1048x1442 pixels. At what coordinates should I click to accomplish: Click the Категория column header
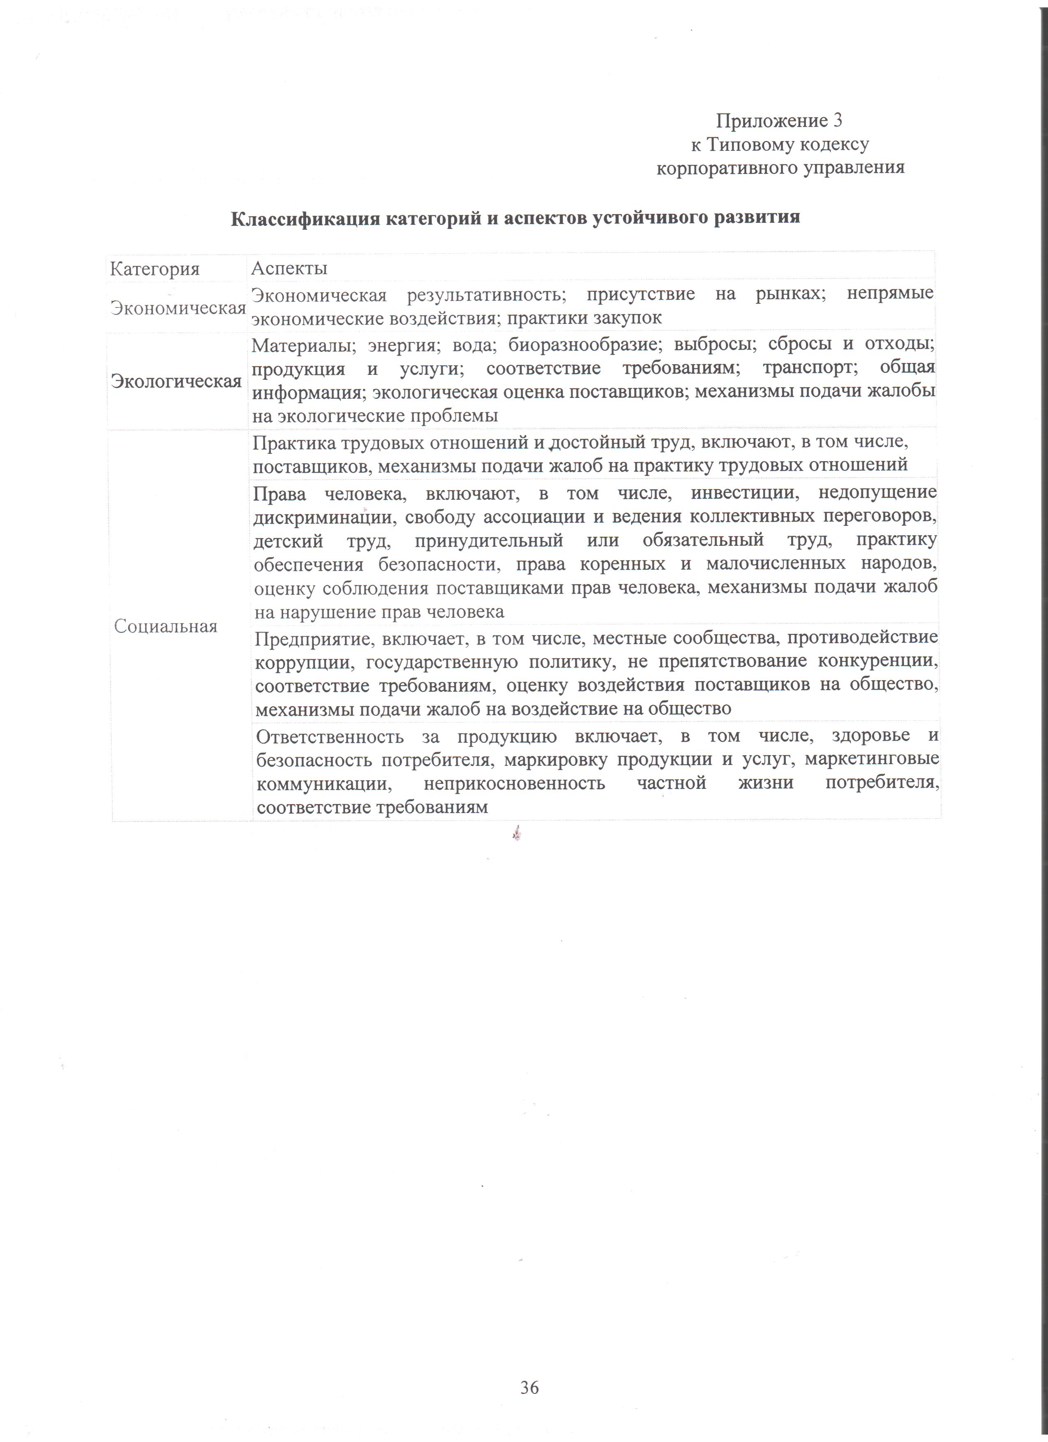tap(155, 269)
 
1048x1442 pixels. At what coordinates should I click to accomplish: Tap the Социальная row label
tap(166, 626)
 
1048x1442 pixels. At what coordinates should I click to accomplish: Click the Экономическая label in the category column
tap(178, 308)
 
